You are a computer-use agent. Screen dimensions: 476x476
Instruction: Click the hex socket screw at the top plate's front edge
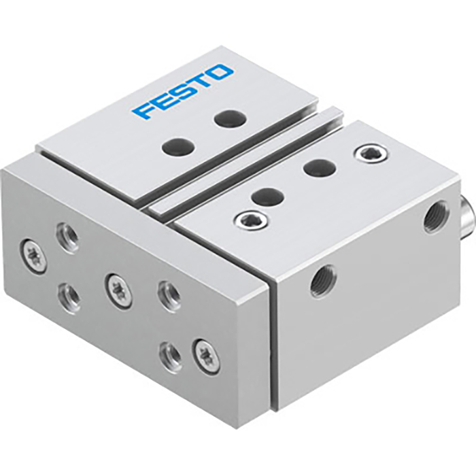[248, 218]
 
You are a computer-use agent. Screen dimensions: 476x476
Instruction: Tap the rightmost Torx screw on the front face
[205, 356]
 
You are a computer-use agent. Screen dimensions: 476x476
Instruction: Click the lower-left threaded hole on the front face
[69, 295]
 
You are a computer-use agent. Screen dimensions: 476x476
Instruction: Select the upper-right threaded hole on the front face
[168, 294]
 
